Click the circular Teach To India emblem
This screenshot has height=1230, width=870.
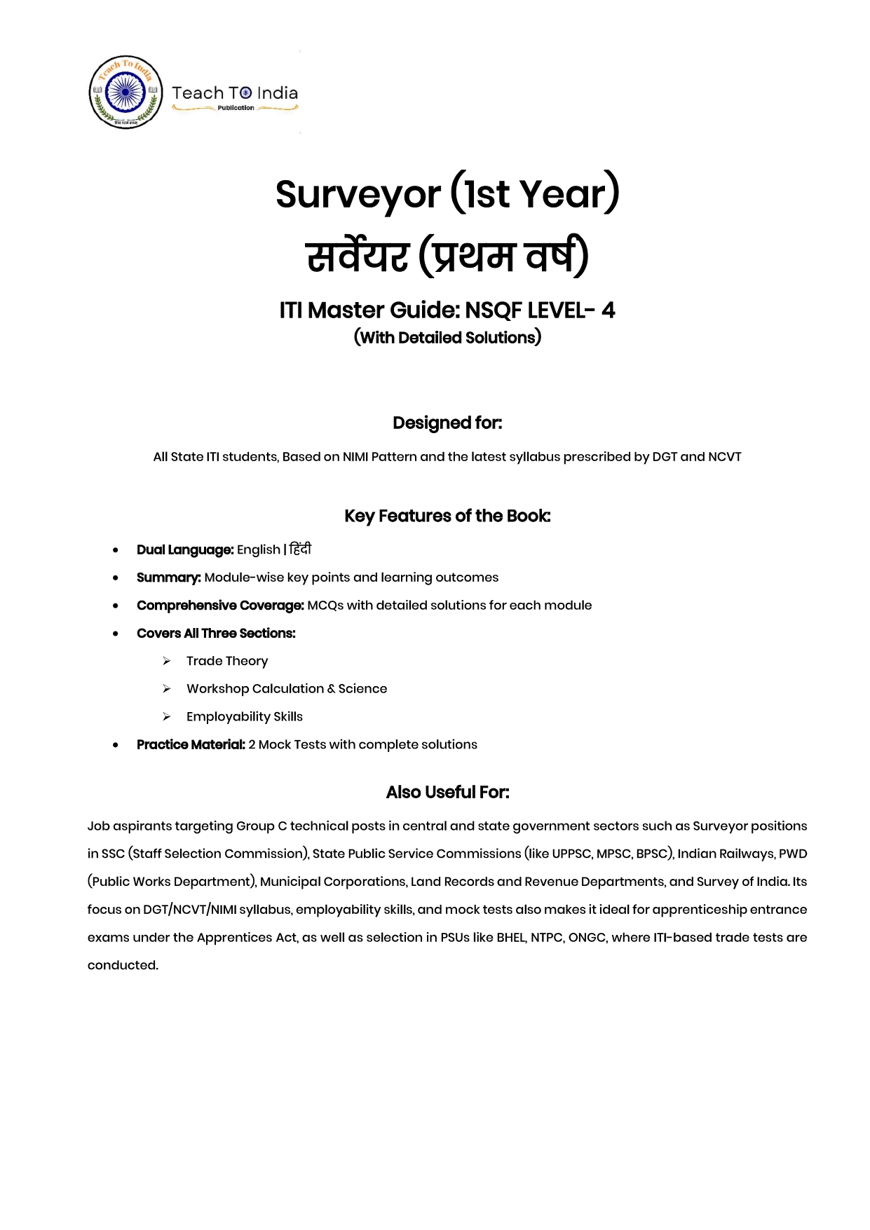(x=126, y=93)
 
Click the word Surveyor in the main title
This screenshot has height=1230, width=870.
(x=358, y=195)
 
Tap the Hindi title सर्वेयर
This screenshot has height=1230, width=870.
(x=358, y=257)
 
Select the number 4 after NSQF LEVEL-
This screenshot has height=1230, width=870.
(x=608, y=310)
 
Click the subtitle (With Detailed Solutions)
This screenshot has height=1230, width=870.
(x=447, y=338)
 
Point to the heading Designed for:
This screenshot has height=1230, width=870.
(x=447, y=423)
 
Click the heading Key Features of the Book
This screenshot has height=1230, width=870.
(x=447, y=516)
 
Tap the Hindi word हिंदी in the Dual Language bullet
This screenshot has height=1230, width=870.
(x=300, y=549)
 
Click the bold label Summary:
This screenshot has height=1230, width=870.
(x=169, y=578)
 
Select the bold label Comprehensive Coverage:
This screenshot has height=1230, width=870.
(x=220, y=606)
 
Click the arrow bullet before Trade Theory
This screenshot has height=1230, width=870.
(x=167, y=661)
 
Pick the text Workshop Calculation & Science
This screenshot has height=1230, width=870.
(x=287, y=689)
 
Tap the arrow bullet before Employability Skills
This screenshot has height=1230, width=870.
(x=167, y=717)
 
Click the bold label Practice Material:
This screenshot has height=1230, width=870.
(x=191, y=744)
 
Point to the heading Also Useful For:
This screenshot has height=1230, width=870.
(x=447, y=792)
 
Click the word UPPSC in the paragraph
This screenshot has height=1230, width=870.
(x=571, y=854)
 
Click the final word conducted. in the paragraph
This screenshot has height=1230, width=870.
(x=123, y=965)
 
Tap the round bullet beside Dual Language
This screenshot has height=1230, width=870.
(x=116, y=550)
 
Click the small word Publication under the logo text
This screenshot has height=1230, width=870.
(x=236, y=108)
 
